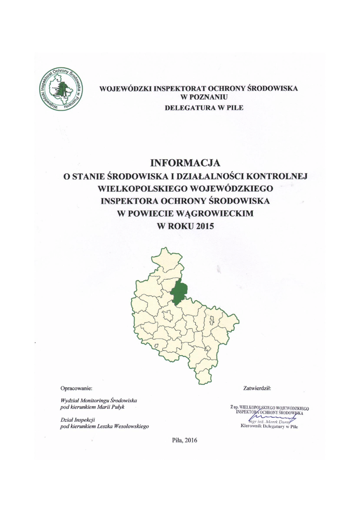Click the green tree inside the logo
pos(61,89)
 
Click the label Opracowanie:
pos(76,387)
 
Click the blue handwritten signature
pos(269,416)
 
